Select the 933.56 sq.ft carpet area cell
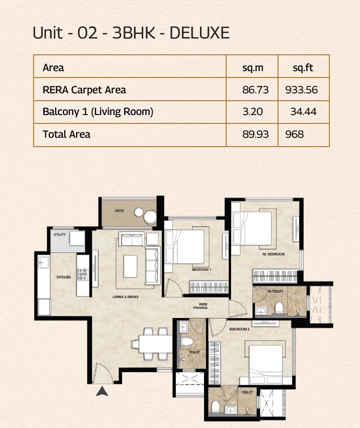pyautogui.click(x=301, y=90)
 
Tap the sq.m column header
pyautogui.click(x=252, y=67)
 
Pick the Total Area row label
pyautogui.click(x=67, y=134)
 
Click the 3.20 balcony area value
pyautogui.click(x=252, y=112)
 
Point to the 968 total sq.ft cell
pyautogui.click(x=294, y=134)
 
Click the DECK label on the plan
pyautogui.click(x=119, y=211)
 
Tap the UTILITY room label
pyautogui.click(x=59, y=234)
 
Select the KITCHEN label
pyautogui.click(x=64, y=277)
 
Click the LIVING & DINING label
pyautogui.click(x=124, y=297)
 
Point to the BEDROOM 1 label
pyautogui.click(x=201, y=270)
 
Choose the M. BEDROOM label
pyautogui.click(x=274, y=254)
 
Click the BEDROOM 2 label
pyautogui.click(x=239, y=328)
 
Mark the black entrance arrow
pyautogui.click(x=102, y=391)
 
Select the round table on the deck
pyautogui.click(x=150, y=216)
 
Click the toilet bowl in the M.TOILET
pyautogui.click(x=280, y=309)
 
